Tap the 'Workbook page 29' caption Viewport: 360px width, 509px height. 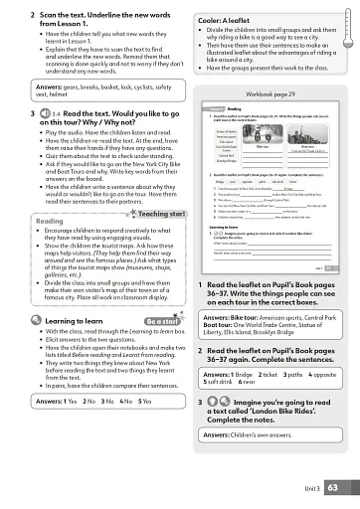click(x=269, y=92)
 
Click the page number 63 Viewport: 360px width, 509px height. click(x=333, y=487)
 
